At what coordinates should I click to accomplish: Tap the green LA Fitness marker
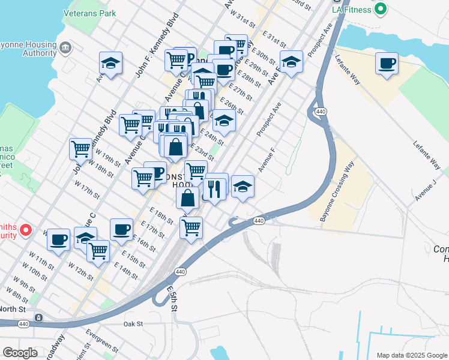[379, 9]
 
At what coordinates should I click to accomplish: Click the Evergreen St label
[101, 340]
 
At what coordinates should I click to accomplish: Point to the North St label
[13, 309]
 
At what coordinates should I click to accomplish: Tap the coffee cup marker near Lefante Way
[387, 64]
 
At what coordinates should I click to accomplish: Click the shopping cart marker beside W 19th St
[80, 149]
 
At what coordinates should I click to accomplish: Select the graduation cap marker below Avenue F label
[243, 186]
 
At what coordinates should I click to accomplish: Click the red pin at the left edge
[25, 229]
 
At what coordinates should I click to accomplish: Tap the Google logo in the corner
[20, 353]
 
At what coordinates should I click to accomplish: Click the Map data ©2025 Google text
[411, 355]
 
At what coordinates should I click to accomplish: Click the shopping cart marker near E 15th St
[98, 251]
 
